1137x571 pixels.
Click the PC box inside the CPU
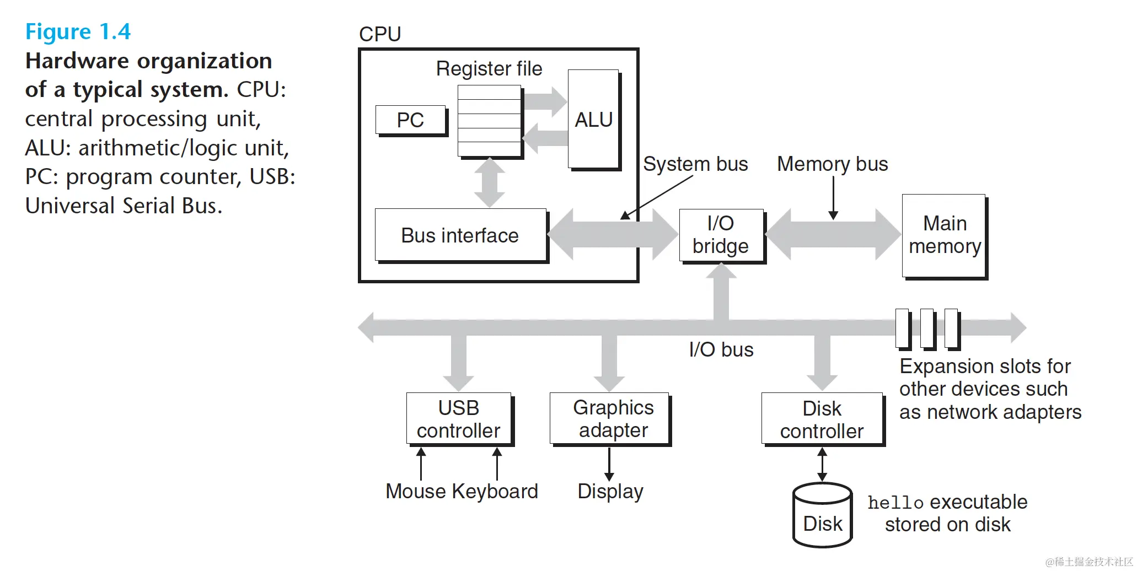pos(410,120)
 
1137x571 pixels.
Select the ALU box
pos(593,119)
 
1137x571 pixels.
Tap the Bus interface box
pos(460,235)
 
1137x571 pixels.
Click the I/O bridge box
pos(721,235)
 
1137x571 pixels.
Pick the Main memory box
pos(944,235)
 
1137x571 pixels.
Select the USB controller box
pos(458,419)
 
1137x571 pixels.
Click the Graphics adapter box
pos(609,418)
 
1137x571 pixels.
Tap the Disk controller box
pos(822,419)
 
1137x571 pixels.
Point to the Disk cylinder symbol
pos(822,515)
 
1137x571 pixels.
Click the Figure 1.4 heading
pos(78,32)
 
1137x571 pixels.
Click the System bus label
pos(695,164)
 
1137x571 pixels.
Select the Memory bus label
pos(832,164)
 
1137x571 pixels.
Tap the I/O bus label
pos(721,349)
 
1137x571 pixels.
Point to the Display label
pos(610,491)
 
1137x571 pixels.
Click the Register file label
pos(489,69)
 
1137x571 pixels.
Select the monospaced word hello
pos(895,503)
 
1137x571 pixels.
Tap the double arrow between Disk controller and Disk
pos(822,464)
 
